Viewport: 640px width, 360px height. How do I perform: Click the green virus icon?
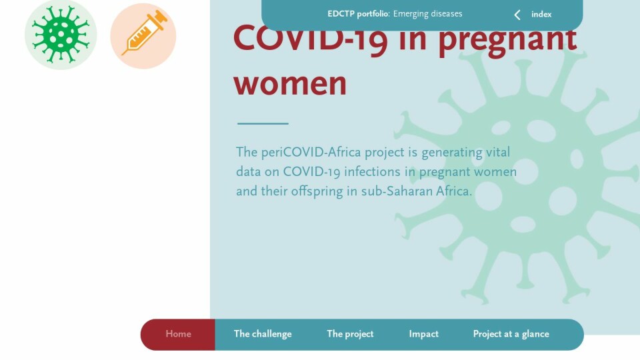pyautogui.click(x=61, y=35)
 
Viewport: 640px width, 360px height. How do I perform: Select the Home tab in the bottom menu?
pyautogui.click(x=178, y=334)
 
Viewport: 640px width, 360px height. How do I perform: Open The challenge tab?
pyautogui.click(x=263, y=334)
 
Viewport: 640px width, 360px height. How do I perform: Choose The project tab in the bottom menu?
pyautogui.click(x=350, y=334)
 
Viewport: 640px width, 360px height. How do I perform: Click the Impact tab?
pyautogui.click(x=424, y=334)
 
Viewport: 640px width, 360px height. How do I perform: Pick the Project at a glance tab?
pyautogui.click(x=511, y=334)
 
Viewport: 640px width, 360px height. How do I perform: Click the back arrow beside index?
pyautogui.click(x=517, y=15)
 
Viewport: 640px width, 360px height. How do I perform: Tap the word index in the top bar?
pyautogui.click(x=541, y=14)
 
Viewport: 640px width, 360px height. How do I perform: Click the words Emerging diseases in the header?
pyautogui.click(x=428, y=14)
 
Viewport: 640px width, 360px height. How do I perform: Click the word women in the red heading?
pyautogui.click(x=290, y=84)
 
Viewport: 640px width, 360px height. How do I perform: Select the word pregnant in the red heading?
pyautogui.click(x=508, y=41)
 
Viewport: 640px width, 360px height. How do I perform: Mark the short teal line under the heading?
pyautogui.click(x=263, y=123)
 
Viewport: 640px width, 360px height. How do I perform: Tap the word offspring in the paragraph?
pyautogui.click(x=317, y=191)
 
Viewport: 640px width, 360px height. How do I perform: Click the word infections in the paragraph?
pyautogui.click(x=372, y=172)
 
